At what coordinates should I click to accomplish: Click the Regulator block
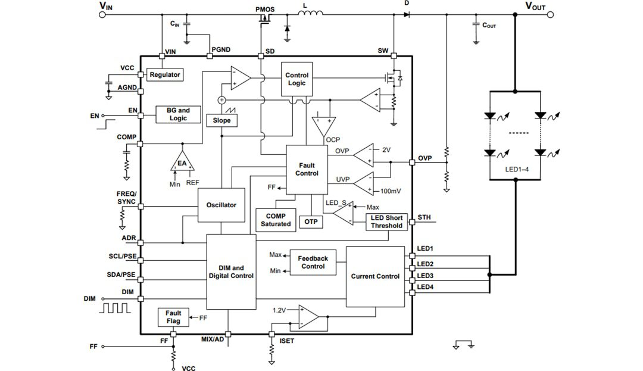tap(165, 75)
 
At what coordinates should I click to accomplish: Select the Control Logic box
tap(296, 79)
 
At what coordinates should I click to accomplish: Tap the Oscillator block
tap(221, 205)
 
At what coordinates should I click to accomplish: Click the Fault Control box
tap(307, 170)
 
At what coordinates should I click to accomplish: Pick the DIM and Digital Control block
tap(231, 272)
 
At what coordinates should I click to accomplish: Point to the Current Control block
tap(375, 276)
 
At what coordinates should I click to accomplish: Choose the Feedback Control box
tap(313, 263)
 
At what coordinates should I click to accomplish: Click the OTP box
tap(311, 222)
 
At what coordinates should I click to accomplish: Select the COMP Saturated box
tap(276, 220)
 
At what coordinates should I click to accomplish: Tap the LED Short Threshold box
tap(386, 222)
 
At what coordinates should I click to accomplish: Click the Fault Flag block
tap(173, 317)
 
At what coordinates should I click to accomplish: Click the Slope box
tap(221, 120)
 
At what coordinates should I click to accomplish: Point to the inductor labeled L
tap(310, 13)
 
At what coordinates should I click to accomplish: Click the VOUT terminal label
tap(535, 7)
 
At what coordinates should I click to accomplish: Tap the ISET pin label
tap(287, 341)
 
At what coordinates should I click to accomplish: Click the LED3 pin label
tap(425, 276)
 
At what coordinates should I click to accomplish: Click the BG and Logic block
tap(178, 114)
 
